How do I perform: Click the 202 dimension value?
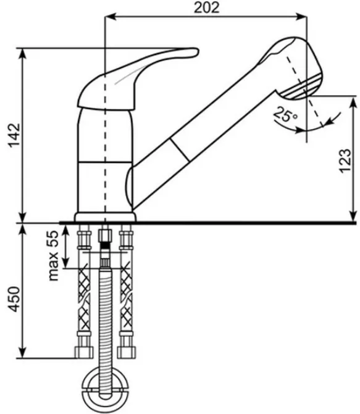pyautogui.click(x=207, y=7)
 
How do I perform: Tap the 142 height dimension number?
pyautogui.click(x=14, y=135)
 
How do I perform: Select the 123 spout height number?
pyautogui.click(x=345, y=161)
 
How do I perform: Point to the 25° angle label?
pyautogui.click(x=285, y=115)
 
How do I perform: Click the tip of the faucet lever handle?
pyautogui.click(x=197, y=51)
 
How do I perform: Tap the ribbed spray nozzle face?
pyautogui.click(x=301, y=87)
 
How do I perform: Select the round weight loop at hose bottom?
pyautogui.click(x=105, y=391)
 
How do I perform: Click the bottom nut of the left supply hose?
pyautogui.click(x=84, y=352)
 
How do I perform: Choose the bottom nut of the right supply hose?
pyautogui.click(x=127, y=352)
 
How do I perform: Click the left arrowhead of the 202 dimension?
pyautogui.click(x=111, y=17)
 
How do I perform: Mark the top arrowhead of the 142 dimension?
pyautogui.click(x=23, y=54)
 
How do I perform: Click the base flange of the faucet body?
pyautogui.click(x=105, y=217)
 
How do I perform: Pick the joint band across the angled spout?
pyautogui.click(x=180, y=149)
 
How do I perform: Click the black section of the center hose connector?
pyautogui.click(x=105, y=245)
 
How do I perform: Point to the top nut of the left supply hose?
pyautogui.click(x=84, y=239)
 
